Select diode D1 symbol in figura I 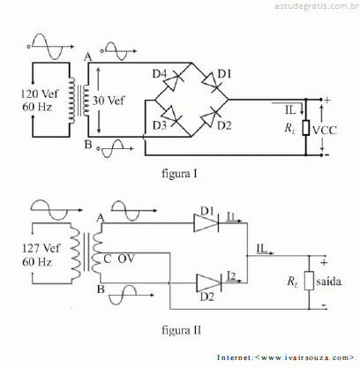[211, 81]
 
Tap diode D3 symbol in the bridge [170, 116]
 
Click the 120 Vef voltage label [40, 94]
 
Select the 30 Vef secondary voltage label [109, 101]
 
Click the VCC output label [325, 131]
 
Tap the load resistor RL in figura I [306, 128]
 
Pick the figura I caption [179, 174]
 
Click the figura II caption [182, 330]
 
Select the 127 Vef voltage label [41, 248]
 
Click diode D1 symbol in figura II [206, 223]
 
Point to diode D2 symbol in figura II [209, 283]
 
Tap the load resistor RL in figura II [309, 282]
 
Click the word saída [329, 282]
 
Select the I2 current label [231, 276]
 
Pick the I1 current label [231, 216]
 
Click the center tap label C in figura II [108, 259]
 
